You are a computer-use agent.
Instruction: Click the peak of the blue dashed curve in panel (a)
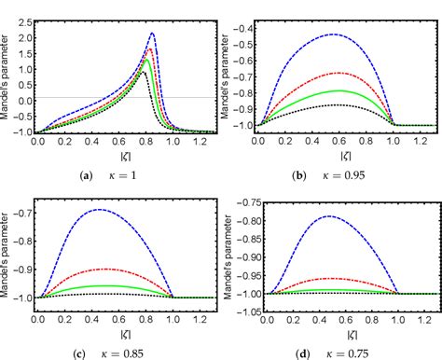[x=153, y=34]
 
